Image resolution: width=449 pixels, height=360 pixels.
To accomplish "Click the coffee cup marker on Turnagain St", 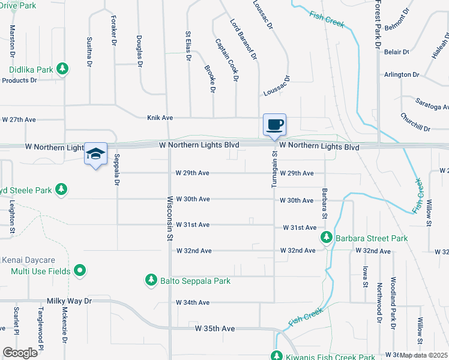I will (x=274, y=125).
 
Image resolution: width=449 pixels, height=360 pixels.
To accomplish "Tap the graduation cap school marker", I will (x=95, y=154).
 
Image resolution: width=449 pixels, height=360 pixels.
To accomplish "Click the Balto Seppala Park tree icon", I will (x=151, y=280).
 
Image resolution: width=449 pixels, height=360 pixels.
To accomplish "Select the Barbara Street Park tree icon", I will (x=326, y=238).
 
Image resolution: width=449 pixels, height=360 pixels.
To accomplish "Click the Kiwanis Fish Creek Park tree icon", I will (x=276, y=355).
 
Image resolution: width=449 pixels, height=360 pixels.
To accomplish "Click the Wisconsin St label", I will (x=170, y=218).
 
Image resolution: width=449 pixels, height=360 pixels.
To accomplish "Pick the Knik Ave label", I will (x=160, y=118).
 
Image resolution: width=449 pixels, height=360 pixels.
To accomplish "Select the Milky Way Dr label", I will (x=70, y=301).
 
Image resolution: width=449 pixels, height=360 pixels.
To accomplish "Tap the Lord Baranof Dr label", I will (x=244, y=39).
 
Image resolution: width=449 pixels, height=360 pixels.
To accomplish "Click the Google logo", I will (x=20, y=352).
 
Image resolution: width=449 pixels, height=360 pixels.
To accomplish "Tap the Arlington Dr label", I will (x=402, y=74).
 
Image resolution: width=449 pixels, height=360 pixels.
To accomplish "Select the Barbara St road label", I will (x=324, y=203).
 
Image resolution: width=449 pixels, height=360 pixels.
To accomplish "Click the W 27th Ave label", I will (x=19, y=119).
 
